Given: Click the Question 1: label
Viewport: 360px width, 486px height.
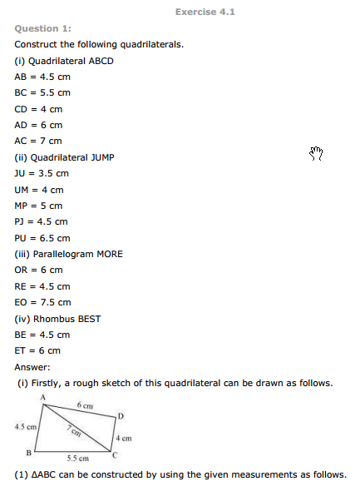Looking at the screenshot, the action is [42, 28].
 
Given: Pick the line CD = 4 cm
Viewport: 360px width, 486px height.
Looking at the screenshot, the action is [38, 109].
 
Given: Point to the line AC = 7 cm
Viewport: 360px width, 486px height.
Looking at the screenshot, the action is [38, 141].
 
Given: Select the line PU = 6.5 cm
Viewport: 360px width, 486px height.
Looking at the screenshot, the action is [42, 237].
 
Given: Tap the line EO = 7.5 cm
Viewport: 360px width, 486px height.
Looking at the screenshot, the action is [42, 302].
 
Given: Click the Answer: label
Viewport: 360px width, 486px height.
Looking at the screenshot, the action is [32, 366].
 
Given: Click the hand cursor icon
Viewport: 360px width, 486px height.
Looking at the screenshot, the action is [315, 152].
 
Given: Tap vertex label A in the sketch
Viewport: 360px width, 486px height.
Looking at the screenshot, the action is [42, 399].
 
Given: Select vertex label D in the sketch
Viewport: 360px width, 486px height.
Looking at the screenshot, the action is [121, 415].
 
